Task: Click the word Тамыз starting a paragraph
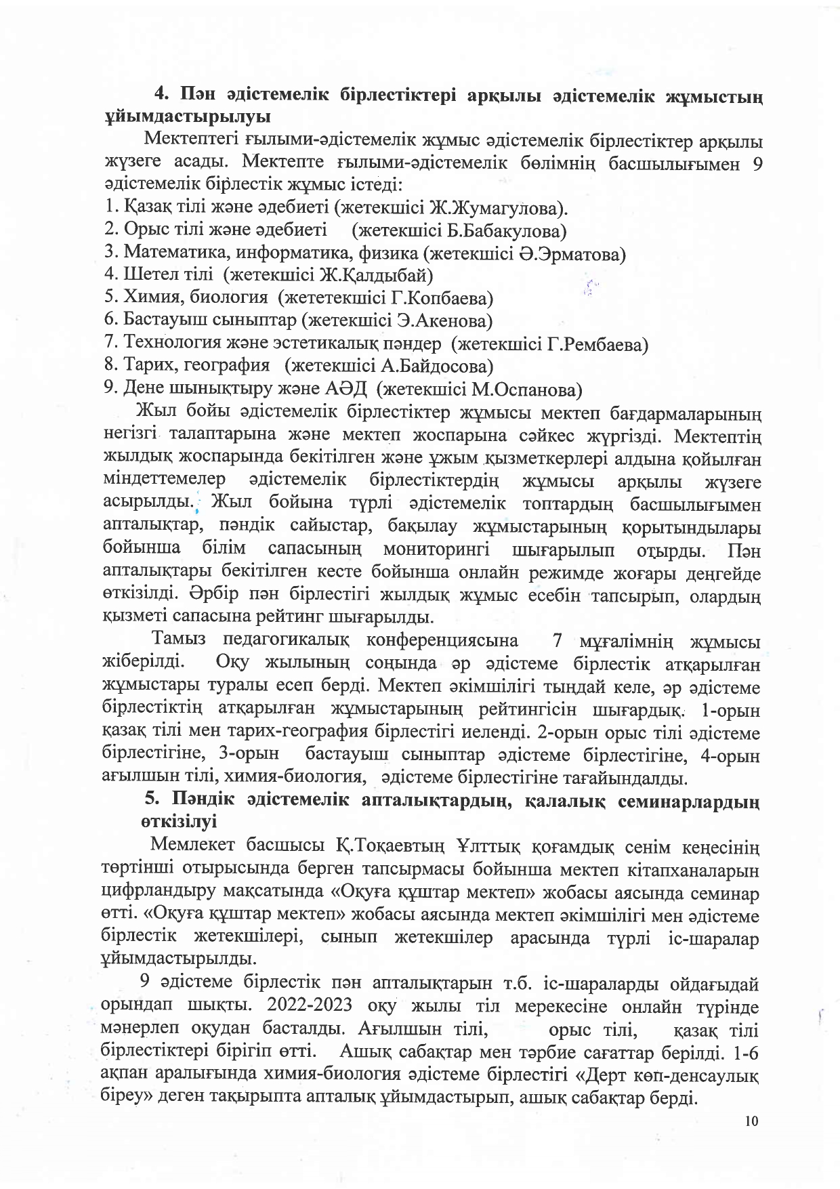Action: (x=180, y=640)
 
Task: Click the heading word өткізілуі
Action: (x=180, y=822)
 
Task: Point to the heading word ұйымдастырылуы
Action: (x=188, y=116)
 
